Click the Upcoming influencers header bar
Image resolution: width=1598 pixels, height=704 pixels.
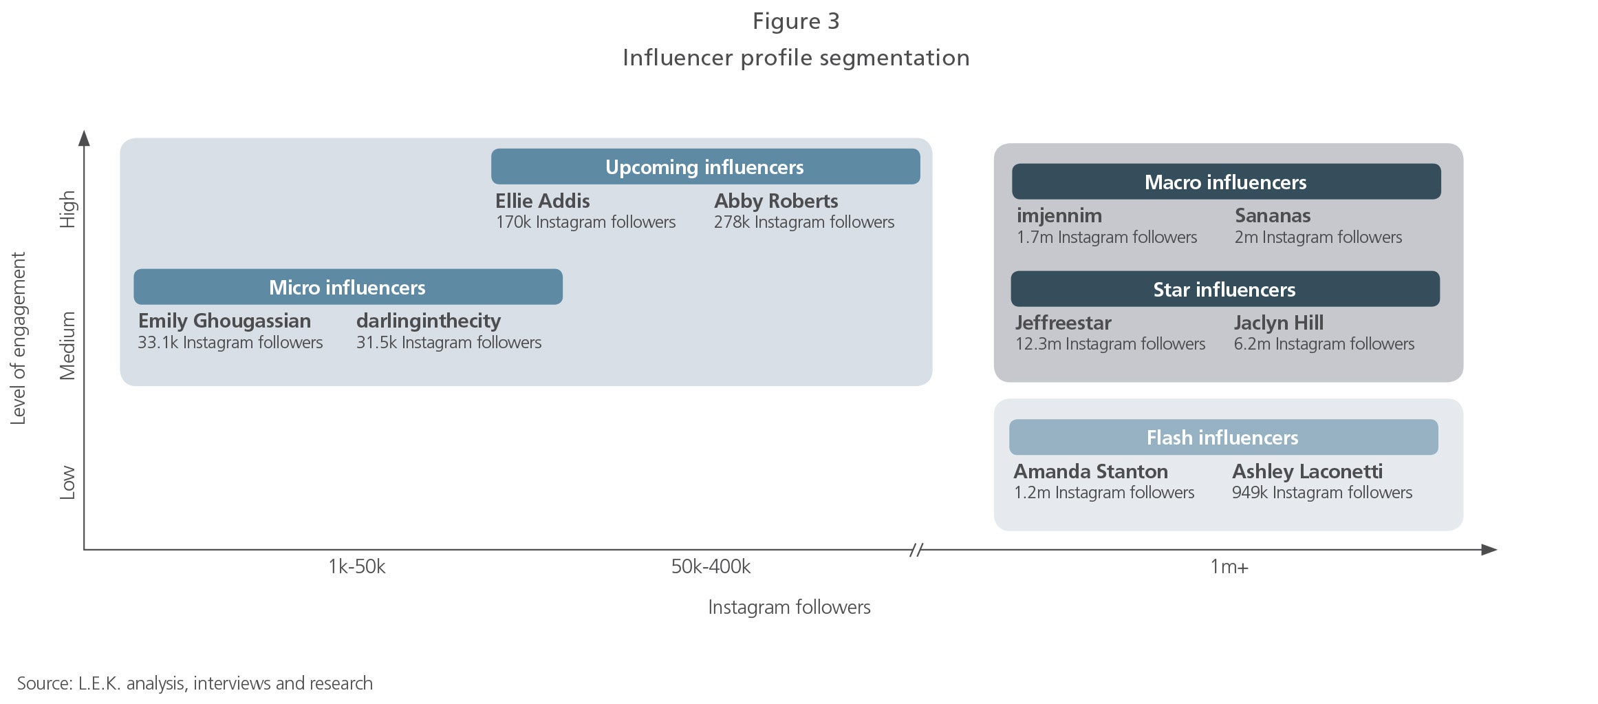click(x=705, y=167)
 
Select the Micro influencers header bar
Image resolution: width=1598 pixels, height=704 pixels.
click(x=348, y=287)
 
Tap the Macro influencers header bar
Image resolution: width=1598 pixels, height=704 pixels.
click(x=1226, y=182)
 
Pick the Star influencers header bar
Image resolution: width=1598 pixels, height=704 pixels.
click(x=1225, y=289)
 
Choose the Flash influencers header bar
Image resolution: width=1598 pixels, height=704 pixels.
click(x=1223, y=437)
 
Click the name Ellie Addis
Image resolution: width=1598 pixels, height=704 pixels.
click(x=543, y=201)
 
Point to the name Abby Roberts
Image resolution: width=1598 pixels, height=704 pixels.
click(x=776, y=201)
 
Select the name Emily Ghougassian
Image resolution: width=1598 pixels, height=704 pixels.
click(x=225, y=321)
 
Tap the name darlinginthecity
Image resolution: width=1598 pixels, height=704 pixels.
click(x=429, y=321)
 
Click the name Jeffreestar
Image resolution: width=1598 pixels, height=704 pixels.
click(x=1063, y=323)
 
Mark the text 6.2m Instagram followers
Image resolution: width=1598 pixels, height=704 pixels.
click(x=1324, y=344)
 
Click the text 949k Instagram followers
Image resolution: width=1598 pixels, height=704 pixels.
click(x=1322, y=493)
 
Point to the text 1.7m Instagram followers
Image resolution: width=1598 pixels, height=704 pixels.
click(x=1107, y=237)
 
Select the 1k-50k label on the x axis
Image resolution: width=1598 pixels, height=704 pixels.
click(x=357, y=566)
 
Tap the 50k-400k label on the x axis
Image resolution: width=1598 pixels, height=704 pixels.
click(x=711, y=566)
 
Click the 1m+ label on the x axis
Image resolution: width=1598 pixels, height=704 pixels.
click(x=1229, y=567)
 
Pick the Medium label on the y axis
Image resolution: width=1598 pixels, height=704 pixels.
click(x=67, y=345)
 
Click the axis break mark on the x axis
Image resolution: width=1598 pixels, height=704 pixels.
click(x=916, y=550)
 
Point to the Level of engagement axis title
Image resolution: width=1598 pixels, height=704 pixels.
click(x=18, y=339)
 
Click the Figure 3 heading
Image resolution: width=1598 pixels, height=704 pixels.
click(x=796, y=21)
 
